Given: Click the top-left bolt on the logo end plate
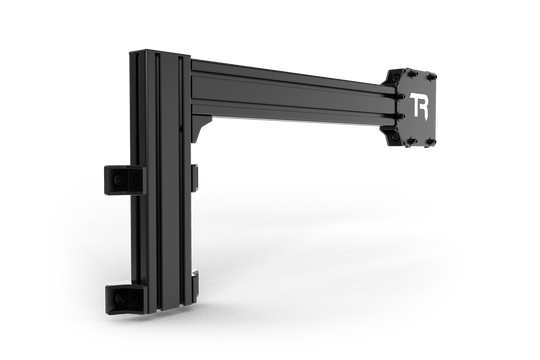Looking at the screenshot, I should click(403, 76).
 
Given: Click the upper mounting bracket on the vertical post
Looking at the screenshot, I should click(119, 181).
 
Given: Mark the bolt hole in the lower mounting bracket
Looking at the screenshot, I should click(119, 298).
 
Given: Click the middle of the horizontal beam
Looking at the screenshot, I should click(290, 95).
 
